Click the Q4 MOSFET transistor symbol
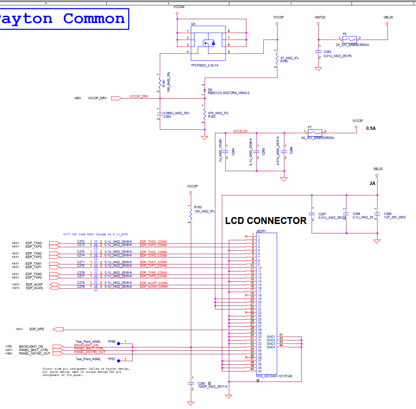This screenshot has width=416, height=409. pyautogui.click(x=208, y=43)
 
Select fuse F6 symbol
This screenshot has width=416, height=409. pyautogui.click(x=350, y=39)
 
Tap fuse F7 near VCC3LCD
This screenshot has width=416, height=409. pyautogui.click(x=315, y=133)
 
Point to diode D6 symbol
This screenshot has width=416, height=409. pyautogui.click(x=205, y=91)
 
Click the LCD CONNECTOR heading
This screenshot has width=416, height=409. pyautogui.click(x=266, y=221)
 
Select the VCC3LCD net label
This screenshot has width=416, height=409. pyautogui.click(x=240, y=131)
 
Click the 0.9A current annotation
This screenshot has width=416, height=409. pyautogui.click(x=371, y=128)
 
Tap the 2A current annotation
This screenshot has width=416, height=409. pyautogui.click(x=372, y=183)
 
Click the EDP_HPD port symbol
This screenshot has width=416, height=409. pyautogui.click(x=58, y=329)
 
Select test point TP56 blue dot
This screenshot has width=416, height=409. pyautogui.click(x=118, y=344)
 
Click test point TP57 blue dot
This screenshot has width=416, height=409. pyautogui.click(x=118, y=361)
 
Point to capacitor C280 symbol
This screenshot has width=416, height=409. pyautogui.click(x=191, y=383)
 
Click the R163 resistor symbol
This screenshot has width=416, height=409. pyautogui.click(x=191, y=213)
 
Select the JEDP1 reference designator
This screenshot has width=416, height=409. pyautogui.click(x=261, y=231)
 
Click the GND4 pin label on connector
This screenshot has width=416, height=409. pyautogui.click(x=271, y=347)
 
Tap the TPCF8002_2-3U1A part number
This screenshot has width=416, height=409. pyautogui.click(x=205, y=65)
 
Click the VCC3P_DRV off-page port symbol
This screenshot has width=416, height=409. pyautogui.click(x=116, y=98)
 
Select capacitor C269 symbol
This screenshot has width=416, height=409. pyautogui.click(x=377, y=214)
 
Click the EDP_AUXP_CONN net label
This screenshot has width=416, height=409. pyautogui.click(x=154, y=283)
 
